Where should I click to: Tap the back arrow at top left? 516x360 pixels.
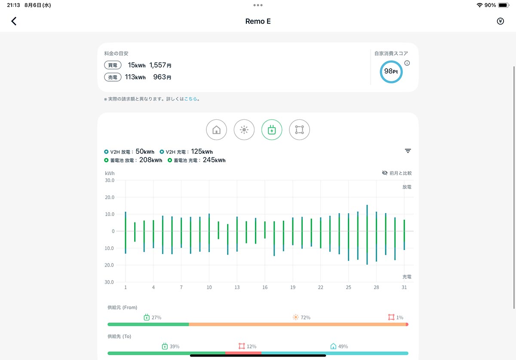pos(14,21)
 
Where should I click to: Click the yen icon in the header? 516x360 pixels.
pos(500,21)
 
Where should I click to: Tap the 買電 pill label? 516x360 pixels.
pos(113,65)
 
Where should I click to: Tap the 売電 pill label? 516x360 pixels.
pos(113,77)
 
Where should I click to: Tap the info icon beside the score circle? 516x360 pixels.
pos(407,63)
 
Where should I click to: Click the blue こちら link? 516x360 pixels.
pos(190,99)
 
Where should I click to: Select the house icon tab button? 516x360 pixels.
pos(216,130)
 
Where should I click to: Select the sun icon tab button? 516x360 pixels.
pos(244,130)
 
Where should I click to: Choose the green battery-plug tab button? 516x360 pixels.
pos(272,130)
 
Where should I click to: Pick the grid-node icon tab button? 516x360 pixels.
pos(299,130)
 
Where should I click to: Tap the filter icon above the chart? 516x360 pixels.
pos(408,151)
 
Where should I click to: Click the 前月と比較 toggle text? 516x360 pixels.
pos(400,173)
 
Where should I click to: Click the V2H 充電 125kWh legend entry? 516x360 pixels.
pos(186,152)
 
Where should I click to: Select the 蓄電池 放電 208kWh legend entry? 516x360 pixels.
pos(133,160)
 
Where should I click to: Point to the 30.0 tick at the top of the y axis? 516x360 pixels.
pos(110,180)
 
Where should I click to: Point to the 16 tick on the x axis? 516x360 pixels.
pos(265,287)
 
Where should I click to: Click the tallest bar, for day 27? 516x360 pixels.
pos(367,235)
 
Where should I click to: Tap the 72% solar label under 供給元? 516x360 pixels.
pos(305,317)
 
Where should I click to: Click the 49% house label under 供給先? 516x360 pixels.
pos(343,346)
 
